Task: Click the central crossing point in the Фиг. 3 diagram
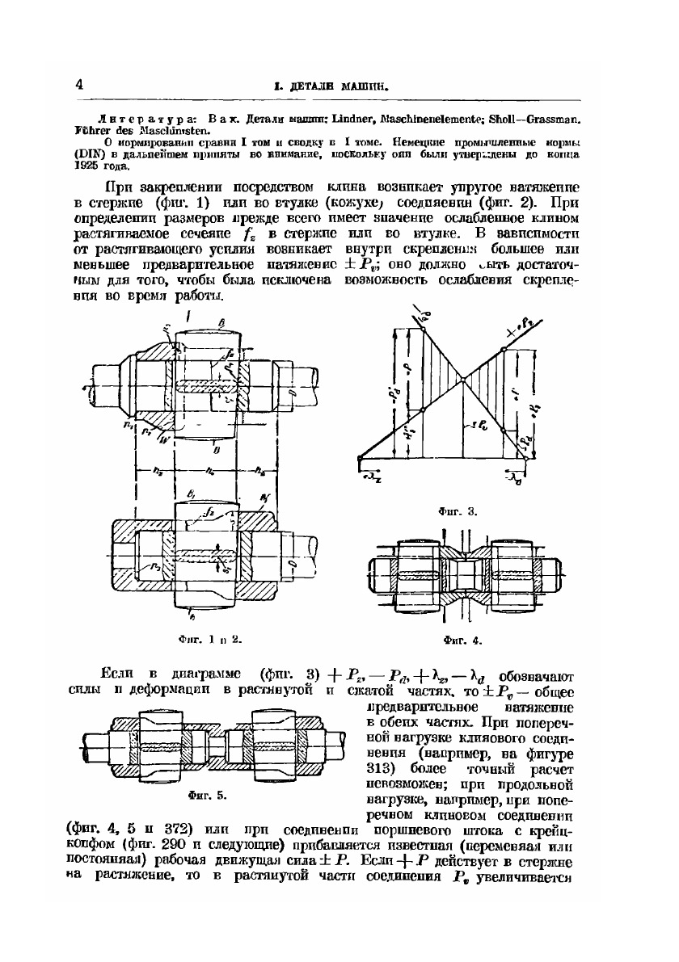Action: (x=459, y=379)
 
